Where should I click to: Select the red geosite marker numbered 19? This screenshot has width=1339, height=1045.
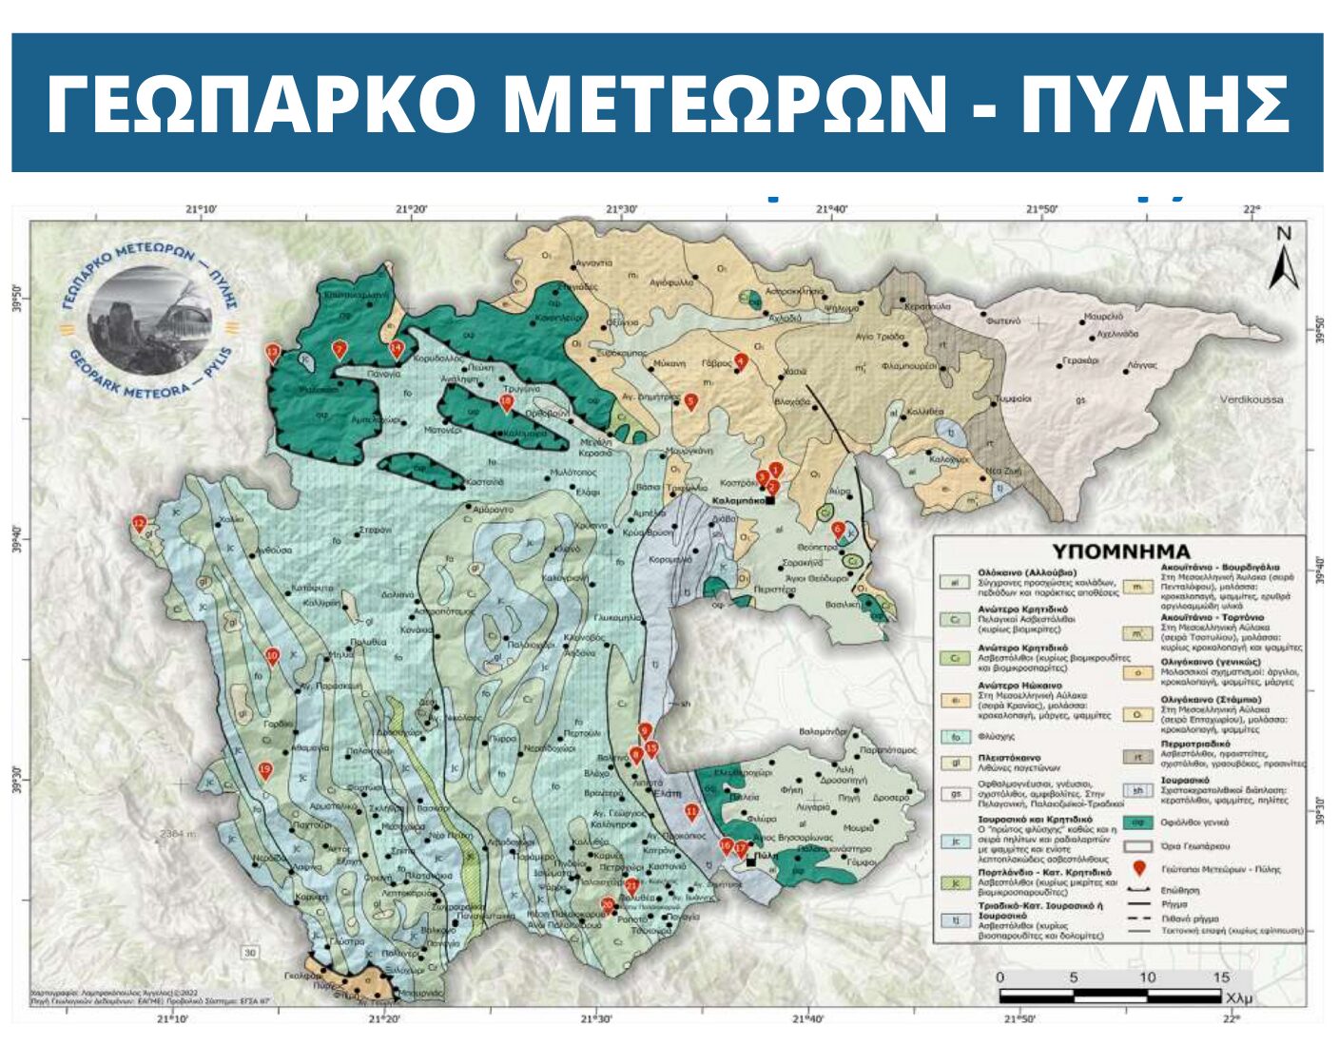click(265, 771)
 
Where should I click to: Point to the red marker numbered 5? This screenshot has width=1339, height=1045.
click(691, 402)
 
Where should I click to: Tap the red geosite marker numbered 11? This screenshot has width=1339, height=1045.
click(691, 812)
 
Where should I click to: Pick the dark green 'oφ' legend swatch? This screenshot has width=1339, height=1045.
click(1136, 822)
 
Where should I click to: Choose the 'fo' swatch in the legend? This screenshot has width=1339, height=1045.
click(954, 737)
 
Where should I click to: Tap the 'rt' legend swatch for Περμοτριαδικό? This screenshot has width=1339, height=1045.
click(1136, 758)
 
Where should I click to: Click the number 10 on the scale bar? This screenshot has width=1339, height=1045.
click(1147, 977)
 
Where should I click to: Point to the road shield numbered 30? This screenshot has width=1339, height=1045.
click(250, 953)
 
